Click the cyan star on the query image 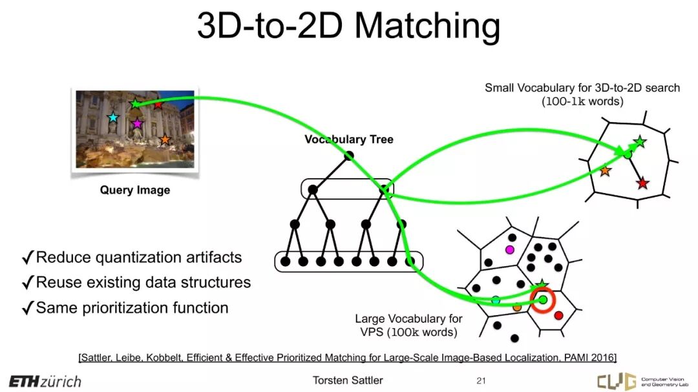[x=113, y=118]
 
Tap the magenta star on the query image [x=136, y=123]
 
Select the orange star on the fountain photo [x=165, y=139]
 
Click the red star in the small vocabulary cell [x=642, y=184]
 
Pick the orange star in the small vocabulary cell [x=605, y=171]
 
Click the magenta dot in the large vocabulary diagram [x=509, y=249]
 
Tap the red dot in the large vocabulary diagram [x=558, y=315]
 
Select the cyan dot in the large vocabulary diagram [x=496, y=300]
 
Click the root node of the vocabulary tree [x=348, y=156]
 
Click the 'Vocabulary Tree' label [x=349, y=139]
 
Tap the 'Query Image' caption [x=135, y=190]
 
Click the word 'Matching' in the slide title [x=427, y=26]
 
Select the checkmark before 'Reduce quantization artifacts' [x=28, y=258]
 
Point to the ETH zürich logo [x=45, y=381]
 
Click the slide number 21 [x=480, y=380]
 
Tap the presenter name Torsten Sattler [x=348, y=380]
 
